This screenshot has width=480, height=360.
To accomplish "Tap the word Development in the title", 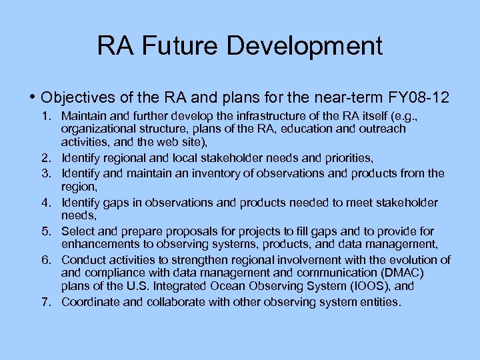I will coord(305,46).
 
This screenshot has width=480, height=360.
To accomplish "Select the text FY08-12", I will coord(417,97).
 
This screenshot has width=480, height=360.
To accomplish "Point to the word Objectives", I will coord(75,97).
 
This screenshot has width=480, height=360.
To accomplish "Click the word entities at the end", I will coord(380,302).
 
